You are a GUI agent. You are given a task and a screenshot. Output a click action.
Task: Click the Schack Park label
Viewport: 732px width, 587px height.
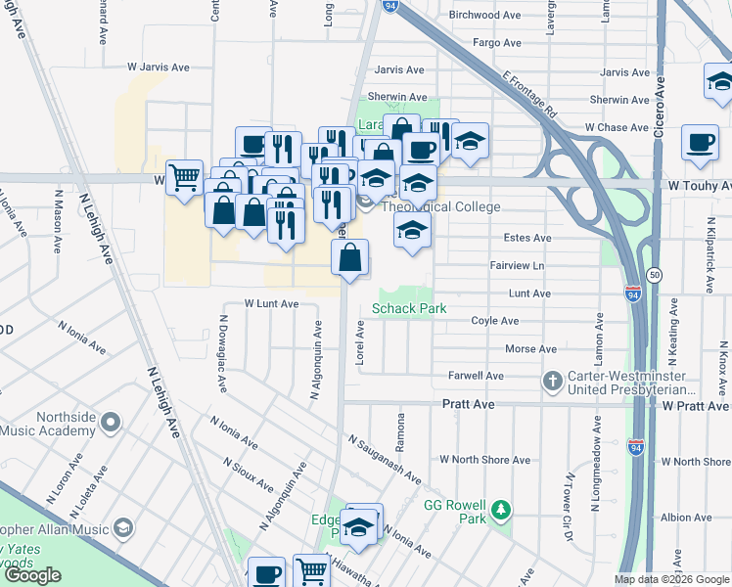[x=409, y=308]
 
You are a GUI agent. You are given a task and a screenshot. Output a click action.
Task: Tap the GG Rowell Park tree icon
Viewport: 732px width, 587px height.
[x=501, y=510]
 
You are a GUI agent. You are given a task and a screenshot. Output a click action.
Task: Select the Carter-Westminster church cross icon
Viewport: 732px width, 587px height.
[x=553, y=380]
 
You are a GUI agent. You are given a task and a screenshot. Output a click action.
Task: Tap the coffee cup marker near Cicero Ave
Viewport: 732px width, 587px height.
[x=700, y=142]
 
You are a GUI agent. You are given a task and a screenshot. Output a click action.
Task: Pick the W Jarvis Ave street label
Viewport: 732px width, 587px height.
[x=158, y=68]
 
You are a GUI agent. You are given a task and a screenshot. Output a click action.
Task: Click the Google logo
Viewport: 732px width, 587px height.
[x=33, y=574]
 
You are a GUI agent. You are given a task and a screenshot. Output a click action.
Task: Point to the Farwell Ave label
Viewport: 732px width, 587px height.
[x=477, y=376]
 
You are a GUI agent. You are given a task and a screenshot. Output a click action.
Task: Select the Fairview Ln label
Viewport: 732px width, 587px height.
[x=517, y=265]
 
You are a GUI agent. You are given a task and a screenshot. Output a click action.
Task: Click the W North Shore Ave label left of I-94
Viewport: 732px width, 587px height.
[x=484, y=460]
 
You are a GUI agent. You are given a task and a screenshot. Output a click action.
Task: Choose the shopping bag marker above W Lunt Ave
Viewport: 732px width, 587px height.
[x=350, y=258]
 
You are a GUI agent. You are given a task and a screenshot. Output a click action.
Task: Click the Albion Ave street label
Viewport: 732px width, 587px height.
[x=685, y=518]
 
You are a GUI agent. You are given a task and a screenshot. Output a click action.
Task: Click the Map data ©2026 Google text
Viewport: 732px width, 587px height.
[x=671, y=579]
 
